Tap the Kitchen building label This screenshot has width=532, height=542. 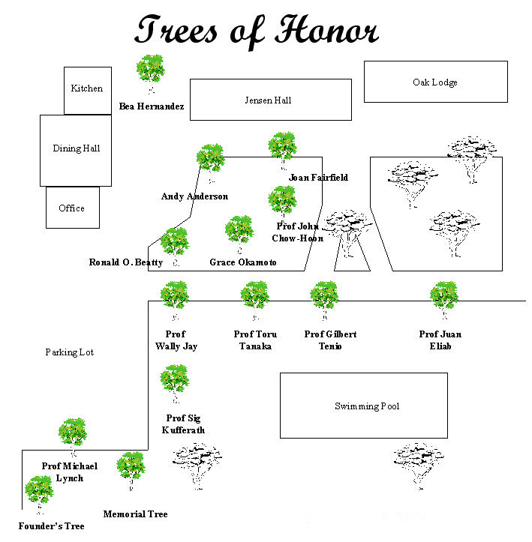click(87, 88)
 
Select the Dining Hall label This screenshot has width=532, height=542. click(76, 148)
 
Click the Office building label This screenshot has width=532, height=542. click(72, 208)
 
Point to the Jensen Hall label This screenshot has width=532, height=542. click(268, 100)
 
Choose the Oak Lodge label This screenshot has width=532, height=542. click(435, 82)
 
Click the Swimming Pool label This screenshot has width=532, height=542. click(367, 406)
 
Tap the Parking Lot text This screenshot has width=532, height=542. click(69, 352)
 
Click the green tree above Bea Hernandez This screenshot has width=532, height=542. click(151, 70)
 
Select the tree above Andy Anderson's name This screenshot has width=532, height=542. click(210, 160)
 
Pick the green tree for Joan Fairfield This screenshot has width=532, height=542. click(283, 148)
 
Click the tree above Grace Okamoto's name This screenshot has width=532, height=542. click(239, 232)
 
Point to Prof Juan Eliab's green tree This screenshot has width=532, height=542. click(444, 297)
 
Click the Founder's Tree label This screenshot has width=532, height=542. click(52, 526)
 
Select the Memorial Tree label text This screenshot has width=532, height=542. click(135, 514)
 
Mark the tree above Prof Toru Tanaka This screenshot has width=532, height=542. click(255, 297)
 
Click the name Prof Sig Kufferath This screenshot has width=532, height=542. click(183, 424)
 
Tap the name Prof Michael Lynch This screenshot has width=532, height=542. click(70, 472)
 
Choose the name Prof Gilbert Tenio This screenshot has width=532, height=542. click(330, 340)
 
